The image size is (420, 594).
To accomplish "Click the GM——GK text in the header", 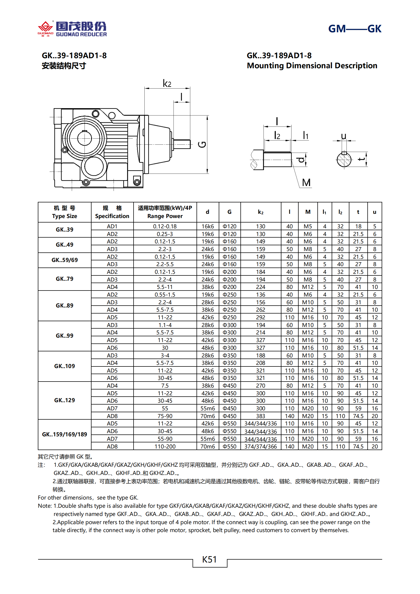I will click(x=354, y=29).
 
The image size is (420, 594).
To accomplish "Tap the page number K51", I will click(x=209, y=559).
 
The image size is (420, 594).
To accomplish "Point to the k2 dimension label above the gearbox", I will click(x=167, y=83).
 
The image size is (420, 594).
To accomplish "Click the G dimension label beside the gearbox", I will click(x=202, y=144).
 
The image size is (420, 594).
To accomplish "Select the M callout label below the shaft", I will click(x=306, y=183).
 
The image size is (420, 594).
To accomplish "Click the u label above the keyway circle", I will click(x=344, y=136).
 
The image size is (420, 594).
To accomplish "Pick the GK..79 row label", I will click(x=65, y=279).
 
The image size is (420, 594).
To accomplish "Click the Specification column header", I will click(x=112, y=212).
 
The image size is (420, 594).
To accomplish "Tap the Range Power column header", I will click(x=165, y=212).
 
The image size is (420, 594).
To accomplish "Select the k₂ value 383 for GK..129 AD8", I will click(x=261, y=416).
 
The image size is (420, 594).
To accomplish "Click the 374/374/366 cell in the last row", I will click(x=261, y=446).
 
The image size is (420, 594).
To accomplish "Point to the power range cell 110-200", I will click(x=165, y=446).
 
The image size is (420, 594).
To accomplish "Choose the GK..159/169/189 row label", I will click(x=65, y=434).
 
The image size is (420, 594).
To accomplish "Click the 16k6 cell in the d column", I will click(x=208, y=226).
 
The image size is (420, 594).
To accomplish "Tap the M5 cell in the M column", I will click(x=308, y=226).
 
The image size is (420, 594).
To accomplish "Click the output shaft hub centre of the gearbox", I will click(x=84, y=138).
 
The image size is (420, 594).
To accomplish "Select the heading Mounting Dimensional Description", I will click(x=312, y=66).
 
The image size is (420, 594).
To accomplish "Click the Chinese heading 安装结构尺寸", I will click(x=64, y=66).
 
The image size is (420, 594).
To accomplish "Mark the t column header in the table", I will click(x=358, y=212).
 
